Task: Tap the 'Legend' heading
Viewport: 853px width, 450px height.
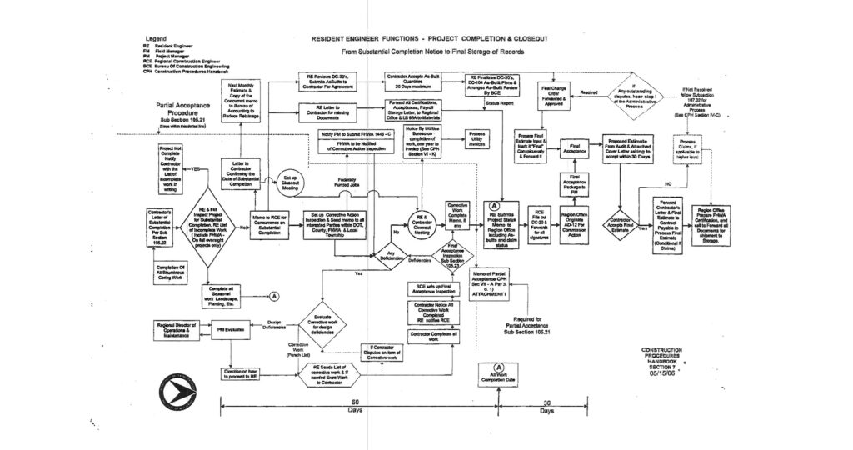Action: [157, 39]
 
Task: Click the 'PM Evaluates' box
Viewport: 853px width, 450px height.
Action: [230, 331]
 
